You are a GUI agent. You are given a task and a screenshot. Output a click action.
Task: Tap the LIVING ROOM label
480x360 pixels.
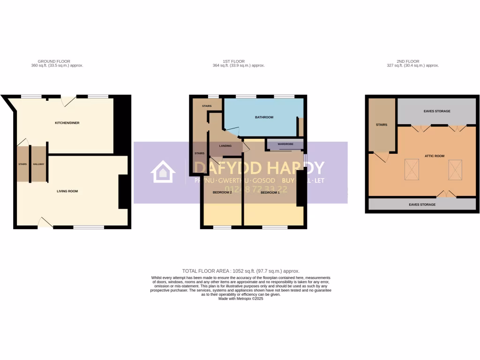pyautogui.click(x=67, y=191)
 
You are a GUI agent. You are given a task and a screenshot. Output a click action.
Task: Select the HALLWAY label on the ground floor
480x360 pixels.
pyautogui.click(x=38, y=164)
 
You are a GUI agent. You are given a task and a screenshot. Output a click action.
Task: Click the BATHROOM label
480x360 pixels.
pyautogui.click(x=264, y=117)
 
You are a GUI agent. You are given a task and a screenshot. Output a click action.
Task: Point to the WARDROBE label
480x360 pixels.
pyautogui.click(x=285, y=144)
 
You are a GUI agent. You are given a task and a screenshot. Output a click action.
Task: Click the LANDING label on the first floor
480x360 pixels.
pyautogui.click(x=225, y=146)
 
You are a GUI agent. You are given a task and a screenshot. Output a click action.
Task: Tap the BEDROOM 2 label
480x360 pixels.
pyautogui.click(x=222, y=193)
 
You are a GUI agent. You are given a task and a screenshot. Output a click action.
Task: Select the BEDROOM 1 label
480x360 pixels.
pyautogui.click(x=270, y=193)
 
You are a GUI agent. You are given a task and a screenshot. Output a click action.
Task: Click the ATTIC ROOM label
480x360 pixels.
pyautogui.click(x=435, y=156)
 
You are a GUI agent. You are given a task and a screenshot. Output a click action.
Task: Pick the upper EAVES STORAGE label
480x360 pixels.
pyautogui.click(x=436, y=111)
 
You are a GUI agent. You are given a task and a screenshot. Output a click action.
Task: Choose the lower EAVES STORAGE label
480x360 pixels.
pyautogui.click(x=422, y=204)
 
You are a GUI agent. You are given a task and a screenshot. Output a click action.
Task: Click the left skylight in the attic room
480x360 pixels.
pyautogui.click(x=411, y=169)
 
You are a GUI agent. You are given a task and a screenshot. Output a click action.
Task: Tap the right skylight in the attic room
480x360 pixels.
pyautogui.click(x=455, y=169)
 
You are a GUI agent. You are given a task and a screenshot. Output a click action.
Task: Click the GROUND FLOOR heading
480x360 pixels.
pyautogui.click(x=54, y=61)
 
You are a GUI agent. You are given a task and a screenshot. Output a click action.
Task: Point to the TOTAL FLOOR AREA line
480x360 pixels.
pyautogui.click(x=240, y=271)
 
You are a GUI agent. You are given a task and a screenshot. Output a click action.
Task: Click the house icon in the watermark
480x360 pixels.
pyautogui.click(x=163, y=172)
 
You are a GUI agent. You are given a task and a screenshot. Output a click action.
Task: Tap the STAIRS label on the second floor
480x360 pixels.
pyautogui.click(x=381, y=125)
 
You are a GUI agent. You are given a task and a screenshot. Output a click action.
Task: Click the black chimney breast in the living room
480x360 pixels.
pyautogui.click(x=123, y=191)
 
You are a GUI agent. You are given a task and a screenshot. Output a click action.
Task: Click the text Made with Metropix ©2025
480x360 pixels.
pyautogui.click(x=240, y=299)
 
